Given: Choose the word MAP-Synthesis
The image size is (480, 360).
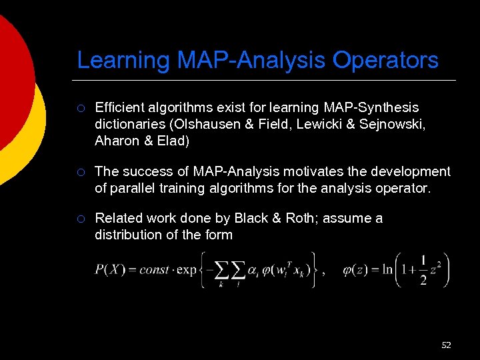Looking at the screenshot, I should pyautogui.click(x=371, y=107).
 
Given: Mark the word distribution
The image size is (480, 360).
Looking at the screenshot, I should pyautogui.click(x=128, y=235).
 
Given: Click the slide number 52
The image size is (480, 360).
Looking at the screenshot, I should pyautogui.click(x=446, y=345).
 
